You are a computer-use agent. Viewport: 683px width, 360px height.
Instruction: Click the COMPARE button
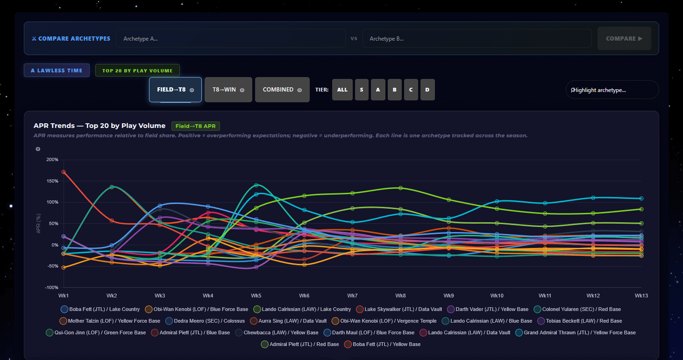coord(624,38)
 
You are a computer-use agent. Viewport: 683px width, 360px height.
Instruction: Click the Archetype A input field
coord(230,38)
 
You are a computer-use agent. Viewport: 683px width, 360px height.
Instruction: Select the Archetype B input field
coord(477,38)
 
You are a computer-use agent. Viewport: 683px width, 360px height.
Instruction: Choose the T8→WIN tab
coord(228,90)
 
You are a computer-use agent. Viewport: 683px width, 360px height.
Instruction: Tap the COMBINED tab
coord(282,90)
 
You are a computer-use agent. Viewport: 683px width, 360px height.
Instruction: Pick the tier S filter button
coord(362,90)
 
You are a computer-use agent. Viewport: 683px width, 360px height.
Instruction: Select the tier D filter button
coord(427,90)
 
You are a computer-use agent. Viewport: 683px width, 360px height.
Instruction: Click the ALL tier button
coord(342,90)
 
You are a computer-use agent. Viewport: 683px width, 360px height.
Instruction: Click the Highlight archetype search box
coord(612,90)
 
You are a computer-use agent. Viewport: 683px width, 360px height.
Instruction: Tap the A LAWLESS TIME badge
coord(57,71)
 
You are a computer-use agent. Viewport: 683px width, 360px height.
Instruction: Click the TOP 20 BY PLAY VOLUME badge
coord(137,71)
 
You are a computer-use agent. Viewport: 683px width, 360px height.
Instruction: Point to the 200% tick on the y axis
coord(52,159)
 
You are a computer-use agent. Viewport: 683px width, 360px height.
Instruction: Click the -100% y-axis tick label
coord(51,288)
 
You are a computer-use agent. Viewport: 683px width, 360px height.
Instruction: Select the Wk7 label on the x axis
coord(352,296)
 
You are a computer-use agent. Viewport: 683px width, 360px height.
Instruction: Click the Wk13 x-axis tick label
coord(641,296)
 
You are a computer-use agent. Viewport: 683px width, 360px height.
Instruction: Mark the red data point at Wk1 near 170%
coord(64,172)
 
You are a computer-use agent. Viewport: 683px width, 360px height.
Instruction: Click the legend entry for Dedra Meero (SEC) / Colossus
coord(205,321)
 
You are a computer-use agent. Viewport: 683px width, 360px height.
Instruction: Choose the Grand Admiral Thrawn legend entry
coord(576,332)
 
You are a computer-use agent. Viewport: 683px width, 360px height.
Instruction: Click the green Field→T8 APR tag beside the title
coord(195,126)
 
